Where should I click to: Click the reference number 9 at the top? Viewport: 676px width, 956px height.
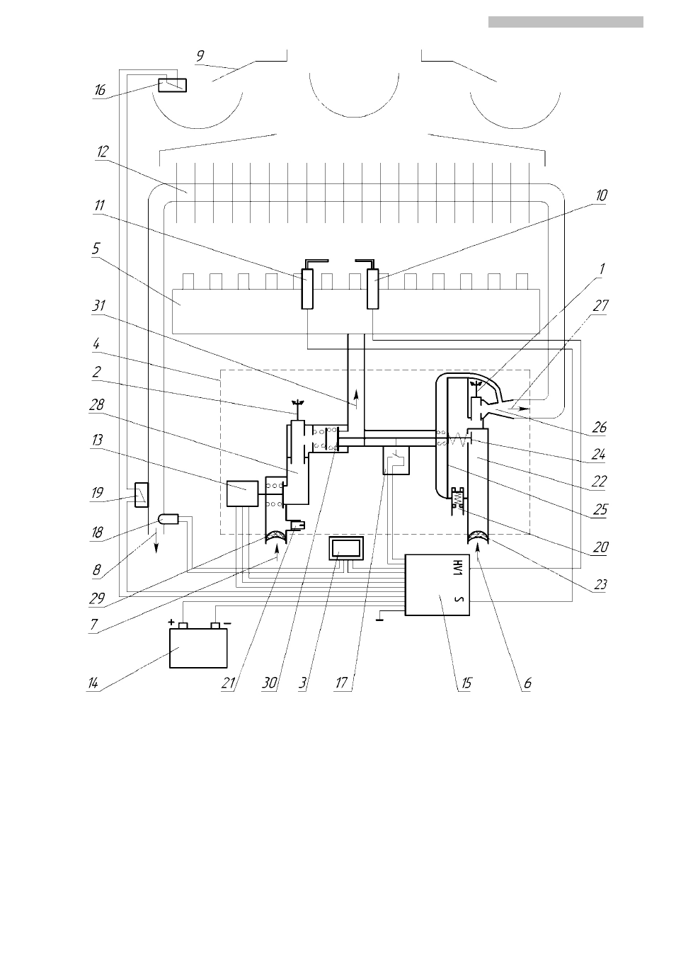click(x=200, y=55)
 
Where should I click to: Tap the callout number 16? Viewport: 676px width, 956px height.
click(x=99, y=90)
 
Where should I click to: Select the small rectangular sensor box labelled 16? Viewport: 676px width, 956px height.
click(x=172, y=85)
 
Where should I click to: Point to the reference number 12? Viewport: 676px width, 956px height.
click(x=103, y=152)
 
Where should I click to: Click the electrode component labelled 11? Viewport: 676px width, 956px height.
click(x=307, y=288)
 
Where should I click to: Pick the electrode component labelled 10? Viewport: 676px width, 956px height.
click(x=373, y=288)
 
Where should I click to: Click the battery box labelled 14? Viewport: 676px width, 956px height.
click(x=198, y=648)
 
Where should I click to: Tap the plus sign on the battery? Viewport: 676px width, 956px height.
click(x=171, y=622)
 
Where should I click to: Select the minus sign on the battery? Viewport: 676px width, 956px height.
click(x=227, y=623)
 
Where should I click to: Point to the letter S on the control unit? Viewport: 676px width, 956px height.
click(x=459, y=600)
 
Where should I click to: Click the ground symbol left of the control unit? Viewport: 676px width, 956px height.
click(x=379, y=619)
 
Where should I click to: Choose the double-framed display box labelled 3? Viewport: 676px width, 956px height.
click(x=346, y=548)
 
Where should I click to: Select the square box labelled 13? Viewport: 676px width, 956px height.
click(x=242, y=494)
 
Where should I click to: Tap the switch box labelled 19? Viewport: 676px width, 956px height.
click(x=142, y=495)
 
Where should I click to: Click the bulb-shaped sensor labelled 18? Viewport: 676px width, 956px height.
click(x=168, y=519)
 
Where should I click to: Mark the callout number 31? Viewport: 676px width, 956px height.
click(x=99, y=306)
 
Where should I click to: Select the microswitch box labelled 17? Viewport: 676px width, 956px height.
click(x=396, y=460)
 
